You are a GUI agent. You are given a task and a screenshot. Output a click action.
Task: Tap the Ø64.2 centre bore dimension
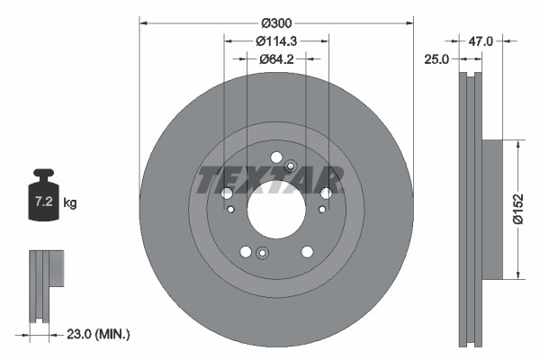pos(276,59)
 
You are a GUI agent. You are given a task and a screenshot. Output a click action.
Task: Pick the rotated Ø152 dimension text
pos(519,209)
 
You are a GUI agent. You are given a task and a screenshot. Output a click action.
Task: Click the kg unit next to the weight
pos(70,203)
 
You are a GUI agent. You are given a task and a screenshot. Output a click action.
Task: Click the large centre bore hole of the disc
pos(274,211)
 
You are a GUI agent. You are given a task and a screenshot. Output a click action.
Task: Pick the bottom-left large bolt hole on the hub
pos(244,253)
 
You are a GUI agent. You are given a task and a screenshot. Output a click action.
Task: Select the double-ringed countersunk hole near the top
pos(290,166)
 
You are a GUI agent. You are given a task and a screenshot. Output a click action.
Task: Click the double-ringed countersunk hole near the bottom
pos(261,253)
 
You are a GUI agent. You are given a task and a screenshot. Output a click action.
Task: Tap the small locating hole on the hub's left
pos(231,211)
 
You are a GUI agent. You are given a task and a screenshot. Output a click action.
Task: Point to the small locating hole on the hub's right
pos(319,211)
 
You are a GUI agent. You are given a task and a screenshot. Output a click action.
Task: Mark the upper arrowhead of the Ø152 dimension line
pos(517,143)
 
